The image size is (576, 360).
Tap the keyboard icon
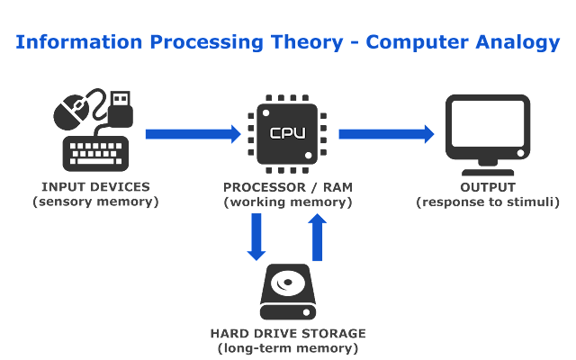pos(97,153)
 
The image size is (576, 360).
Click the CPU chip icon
pos(288,133)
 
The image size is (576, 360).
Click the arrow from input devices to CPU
pos(193,134)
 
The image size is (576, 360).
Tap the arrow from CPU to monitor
pos(385,134)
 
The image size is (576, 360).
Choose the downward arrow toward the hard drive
pos(258,238)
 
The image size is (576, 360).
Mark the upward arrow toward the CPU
pos(317,238)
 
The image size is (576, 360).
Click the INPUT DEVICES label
pos(95,187)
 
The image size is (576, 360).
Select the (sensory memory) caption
pos(95,202)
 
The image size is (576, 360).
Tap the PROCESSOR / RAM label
pos(288,187)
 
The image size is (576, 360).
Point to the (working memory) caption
pos(288,202)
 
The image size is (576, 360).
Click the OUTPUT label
pos(487,187)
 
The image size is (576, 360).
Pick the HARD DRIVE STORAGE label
pos(288,332)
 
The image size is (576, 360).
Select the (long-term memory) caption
pos(288,347)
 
